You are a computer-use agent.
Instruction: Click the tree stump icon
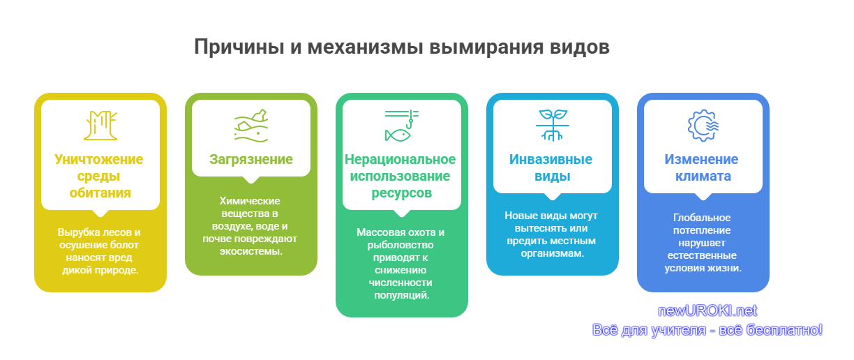click(x=100, y=126)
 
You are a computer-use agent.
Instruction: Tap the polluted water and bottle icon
click(x=251, y=126)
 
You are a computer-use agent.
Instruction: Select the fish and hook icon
click(x=401, y=126)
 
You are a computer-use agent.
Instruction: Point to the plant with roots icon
click(x=552, y=126)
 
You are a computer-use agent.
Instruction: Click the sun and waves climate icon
click(x=703, y=126)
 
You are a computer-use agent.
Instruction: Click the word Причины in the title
click(x=239, y=47)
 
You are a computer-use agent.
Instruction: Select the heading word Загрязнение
click(x=251, y=159)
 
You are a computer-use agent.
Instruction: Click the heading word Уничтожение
click(x=99, y=159)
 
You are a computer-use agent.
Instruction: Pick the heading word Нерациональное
click(x=400, y=159)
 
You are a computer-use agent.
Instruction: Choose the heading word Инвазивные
click(x=550, y=159)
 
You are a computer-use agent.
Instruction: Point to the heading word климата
click(x=703, y=177)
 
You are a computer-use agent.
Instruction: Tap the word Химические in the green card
click(x=250, y=201)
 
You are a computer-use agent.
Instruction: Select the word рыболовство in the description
click(x=400, y=245)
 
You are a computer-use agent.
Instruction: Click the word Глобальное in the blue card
click(x=702, y=218)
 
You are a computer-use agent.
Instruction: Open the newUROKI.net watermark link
click(x=707, y=310)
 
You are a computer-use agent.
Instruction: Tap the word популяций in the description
click(x=401, y=296)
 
